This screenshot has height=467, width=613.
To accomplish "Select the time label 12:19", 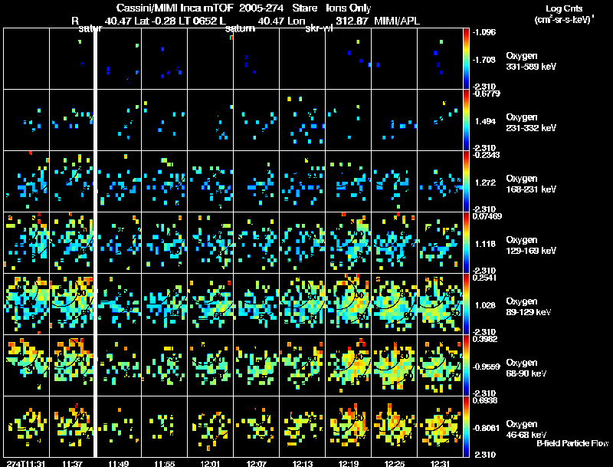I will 349,463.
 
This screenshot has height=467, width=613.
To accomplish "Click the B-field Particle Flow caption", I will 572,443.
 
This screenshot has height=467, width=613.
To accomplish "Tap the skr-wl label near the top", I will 318,28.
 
